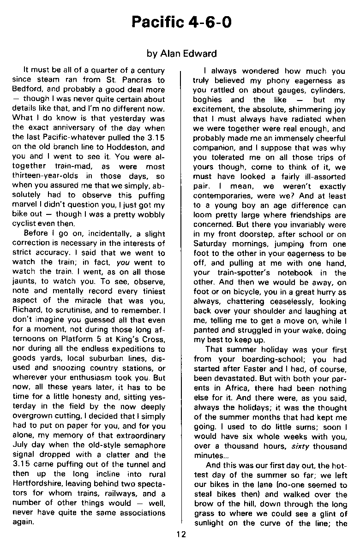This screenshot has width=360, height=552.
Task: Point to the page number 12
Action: click(x=180, y=534)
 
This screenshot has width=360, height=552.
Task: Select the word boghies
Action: click(x=208, y=99)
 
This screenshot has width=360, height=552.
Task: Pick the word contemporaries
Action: click(x=222, y=196)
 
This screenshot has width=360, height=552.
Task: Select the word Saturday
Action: click(x=210, y=243)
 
